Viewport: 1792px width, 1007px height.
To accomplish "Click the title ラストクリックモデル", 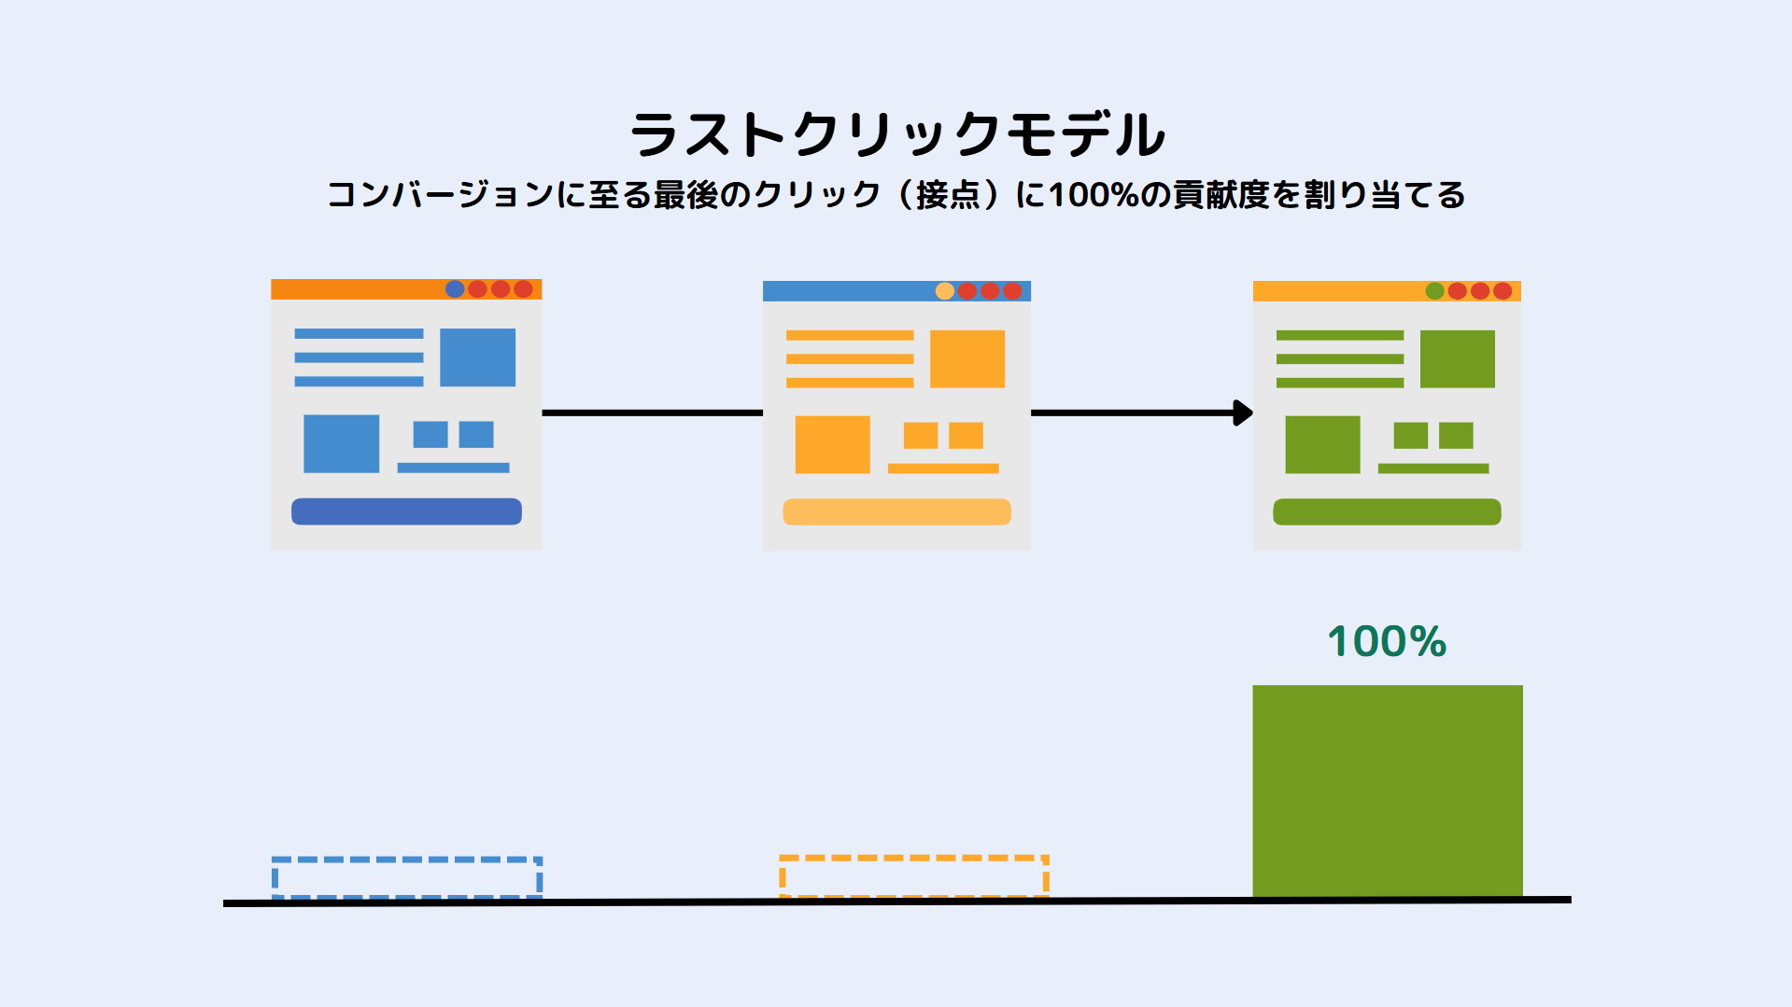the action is point(897,134).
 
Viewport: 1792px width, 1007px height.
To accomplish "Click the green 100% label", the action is point(1387,642).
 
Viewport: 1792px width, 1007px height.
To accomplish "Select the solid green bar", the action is point(1388,791).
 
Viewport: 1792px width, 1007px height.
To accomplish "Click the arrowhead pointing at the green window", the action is point(1243,413).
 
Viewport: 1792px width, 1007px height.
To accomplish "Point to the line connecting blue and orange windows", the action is point(653,413).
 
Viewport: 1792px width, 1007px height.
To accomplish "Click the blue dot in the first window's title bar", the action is point(455,289).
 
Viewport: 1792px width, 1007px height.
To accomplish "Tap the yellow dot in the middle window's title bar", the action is point(945,291).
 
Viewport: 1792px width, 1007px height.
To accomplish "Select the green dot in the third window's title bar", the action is point(1435,291).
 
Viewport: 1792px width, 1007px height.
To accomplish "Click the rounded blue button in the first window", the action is point(406,511).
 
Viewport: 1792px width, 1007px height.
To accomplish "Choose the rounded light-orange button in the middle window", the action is point(896,511).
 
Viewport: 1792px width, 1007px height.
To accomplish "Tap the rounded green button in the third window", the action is point(1387,511).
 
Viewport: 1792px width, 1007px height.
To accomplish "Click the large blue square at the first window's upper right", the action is point(477,357).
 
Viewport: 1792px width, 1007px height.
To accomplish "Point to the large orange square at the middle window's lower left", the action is point(832,444).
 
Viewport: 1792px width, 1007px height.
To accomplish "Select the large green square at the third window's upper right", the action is point(1457,358).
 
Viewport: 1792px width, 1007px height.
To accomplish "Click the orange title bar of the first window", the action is point(406,289).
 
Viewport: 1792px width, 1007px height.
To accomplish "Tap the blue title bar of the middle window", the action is point(896,291).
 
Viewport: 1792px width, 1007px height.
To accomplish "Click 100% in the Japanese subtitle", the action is point(1094,195).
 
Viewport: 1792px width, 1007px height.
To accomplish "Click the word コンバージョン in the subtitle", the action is point(440,195).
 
